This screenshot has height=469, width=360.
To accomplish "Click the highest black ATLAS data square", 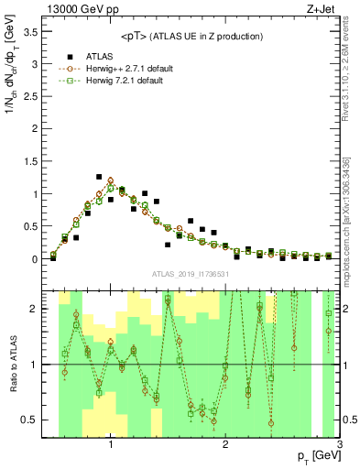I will (99, 177).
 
